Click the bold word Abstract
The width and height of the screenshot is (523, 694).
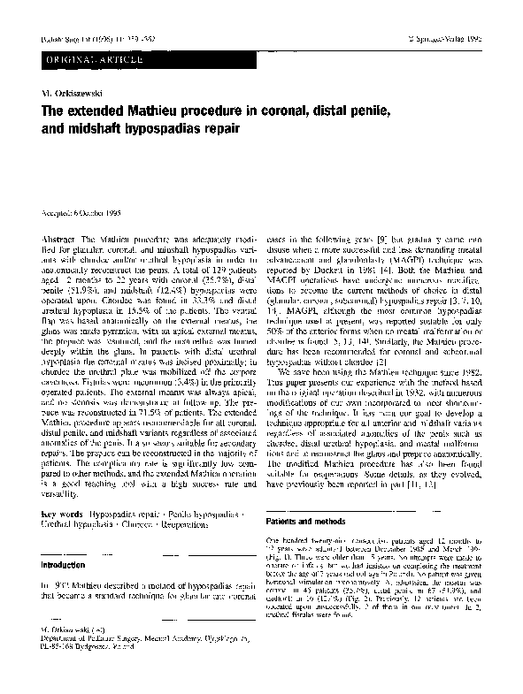(x=58, y=241)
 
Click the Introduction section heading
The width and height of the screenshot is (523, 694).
(x=67, y=561)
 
